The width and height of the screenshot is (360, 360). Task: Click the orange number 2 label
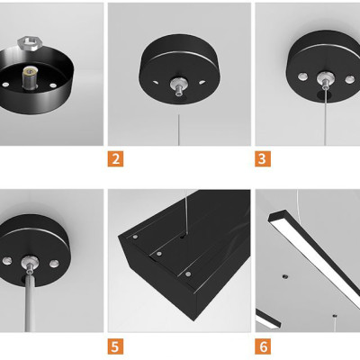pos(115,158)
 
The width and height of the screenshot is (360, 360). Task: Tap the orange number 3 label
pos(263,158)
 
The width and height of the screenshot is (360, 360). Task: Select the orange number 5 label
pos(115,346)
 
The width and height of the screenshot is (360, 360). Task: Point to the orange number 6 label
pos(263,346)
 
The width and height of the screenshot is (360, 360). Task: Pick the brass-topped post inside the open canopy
pos(30,77)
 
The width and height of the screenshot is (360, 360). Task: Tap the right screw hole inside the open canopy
pos(53,85)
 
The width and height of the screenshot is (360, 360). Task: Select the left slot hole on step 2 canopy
pos(156,82)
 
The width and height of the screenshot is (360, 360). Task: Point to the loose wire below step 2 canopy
pos(179,130)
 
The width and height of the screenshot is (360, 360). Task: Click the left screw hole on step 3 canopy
pos(302,76)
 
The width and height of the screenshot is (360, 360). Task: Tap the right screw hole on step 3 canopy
pos(349,79)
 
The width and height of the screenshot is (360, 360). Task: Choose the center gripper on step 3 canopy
pos(325,79)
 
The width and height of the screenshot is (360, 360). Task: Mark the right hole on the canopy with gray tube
pos(54,264)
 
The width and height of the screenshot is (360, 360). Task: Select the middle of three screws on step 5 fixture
pos(159,254)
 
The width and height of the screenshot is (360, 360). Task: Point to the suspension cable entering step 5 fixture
pos(186,212)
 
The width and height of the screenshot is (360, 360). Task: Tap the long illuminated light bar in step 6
pos(314,259)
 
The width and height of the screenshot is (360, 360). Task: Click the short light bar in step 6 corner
pos(268,319)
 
